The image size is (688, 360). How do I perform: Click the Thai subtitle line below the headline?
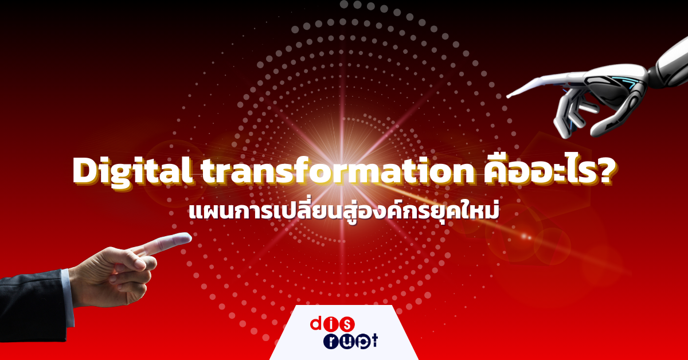344,212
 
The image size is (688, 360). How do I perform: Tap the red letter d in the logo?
318,324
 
